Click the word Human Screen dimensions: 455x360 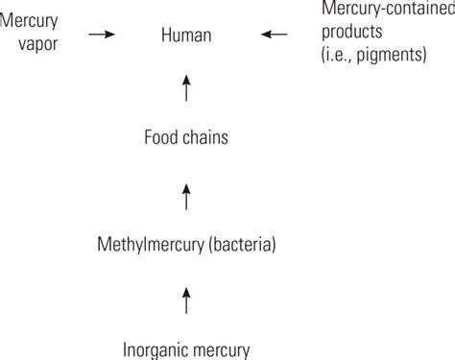[x=187, y=36]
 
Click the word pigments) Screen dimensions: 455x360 [x=393, y=57]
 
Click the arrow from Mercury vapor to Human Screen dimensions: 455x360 [x=101, y=36]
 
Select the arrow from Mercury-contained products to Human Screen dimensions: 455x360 [x=274, y=36]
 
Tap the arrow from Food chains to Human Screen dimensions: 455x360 [x=187, y=88]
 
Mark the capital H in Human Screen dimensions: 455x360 [x=166, y=36]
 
